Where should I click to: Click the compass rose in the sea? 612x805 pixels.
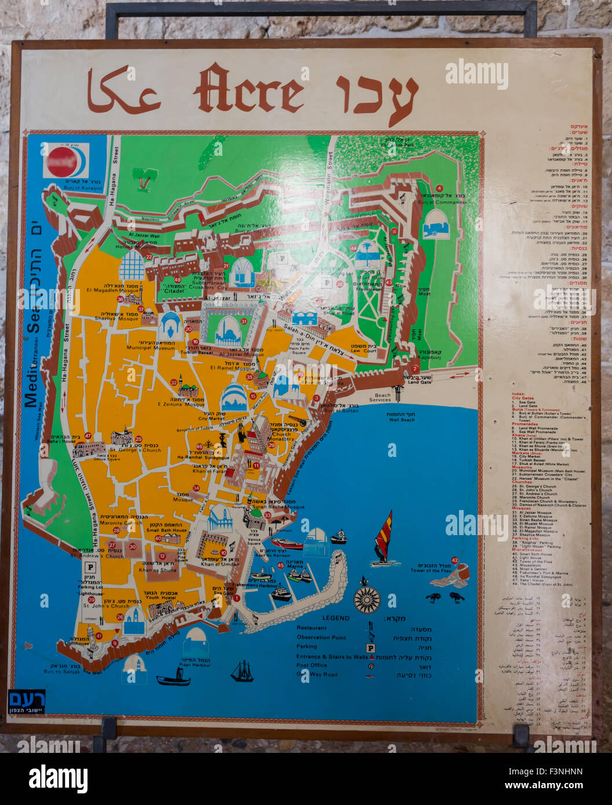point(366,598)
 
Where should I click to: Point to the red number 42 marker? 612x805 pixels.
point(454,560)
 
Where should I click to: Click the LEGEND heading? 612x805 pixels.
point(336,618)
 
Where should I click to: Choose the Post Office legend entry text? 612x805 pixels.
point(311,665)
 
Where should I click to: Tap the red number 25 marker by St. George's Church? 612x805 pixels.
point(139,439)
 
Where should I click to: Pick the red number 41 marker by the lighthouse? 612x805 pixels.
point(99,636)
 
